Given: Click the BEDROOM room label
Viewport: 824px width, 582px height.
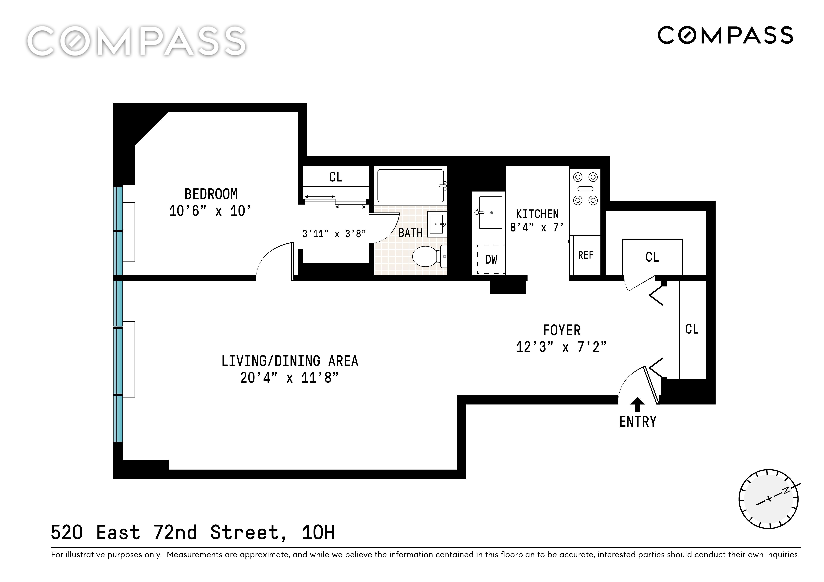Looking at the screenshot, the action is (x=211, y=194).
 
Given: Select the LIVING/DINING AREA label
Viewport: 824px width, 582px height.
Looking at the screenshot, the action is (x=290, y=361).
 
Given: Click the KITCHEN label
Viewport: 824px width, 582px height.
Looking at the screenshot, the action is (x=537, y=214).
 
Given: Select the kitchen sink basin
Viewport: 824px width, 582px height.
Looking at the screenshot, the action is (x=491, y=212).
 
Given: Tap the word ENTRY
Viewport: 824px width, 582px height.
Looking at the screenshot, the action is (x=638, y=422).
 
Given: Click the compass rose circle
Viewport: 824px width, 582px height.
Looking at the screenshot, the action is (x=768, y=498).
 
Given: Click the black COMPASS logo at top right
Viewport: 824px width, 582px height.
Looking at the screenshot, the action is (x=725, y=35).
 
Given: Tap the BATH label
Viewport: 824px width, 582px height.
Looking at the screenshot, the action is (x=410, y=233).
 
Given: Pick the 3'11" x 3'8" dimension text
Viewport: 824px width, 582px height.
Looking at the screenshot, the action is (x=334, y=234).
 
